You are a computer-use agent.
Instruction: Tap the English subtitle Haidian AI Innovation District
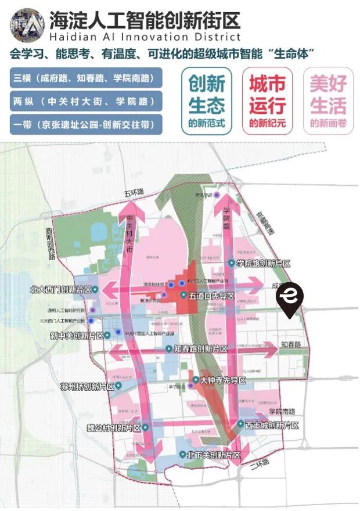(145, 38)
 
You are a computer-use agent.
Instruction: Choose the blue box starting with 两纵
(86, 101)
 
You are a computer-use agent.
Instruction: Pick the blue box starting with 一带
(86, 124)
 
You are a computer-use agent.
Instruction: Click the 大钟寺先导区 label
(223, 380)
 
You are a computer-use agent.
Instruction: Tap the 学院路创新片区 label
(262, 264)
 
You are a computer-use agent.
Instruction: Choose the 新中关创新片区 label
(77, 336)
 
